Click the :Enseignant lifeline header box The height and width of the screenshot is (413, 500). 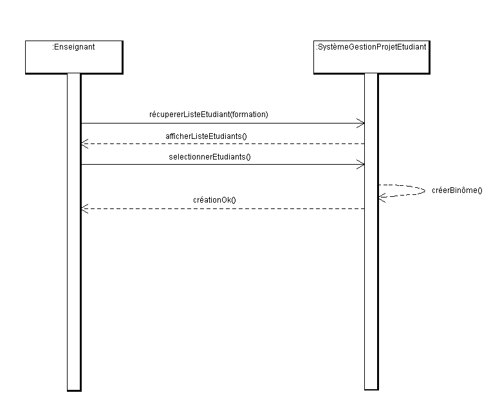click(74, 57)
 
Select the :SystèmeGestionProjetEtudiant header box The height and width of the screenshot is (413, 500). click(372, 57)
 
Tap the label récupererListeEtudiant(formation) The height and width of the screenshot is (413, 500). click(208, 115)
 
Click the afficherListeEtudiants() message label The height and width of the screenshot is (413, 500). click(206, 136)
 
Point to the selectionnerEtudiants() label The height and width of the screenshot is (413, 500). click(210, 157)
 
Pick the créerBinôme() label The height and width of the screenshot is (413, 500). click(457, 190)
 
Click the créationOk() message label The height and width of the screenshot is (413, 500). click(214, 200)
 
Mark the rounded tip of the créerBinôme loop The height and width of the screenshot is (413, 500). click(425, 191)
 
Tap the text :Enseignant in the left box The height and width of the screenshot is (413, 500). click(73, 47)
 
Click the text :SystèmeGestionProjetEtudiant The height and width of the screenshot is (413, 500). click(371, 47)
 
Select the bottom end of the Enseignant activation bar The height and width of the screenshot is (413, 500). click(74, 390)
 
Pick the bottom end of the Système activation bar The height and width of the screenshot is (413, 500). click(371, 389)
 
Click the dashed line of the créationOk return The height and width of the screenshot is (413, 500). click(223, 209)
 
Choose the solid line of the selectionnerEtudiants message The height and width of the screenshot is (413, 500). click(223, 165)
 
